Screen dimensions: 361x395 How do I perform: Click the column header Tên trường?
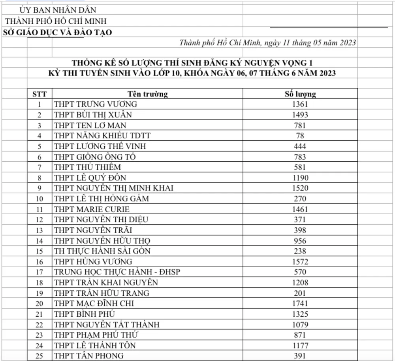[x=147, y=94]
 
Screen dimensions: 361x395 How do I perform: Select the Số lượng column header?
[x=300, y=94]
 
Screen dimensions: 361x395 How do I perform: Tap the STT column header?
[x=39, y=94]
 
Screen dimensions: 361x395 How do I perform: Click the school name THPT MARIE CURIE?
[x=92, y=209]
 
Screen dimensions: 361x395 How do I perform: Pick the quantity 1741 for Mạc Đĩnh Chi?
[x=300, y=304]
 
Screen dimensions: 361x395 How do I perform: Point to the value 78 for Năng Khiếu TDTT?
[x=300, y=136]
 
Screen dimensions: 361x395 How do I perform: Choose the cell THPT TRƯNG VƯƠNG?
[x=96, y=104]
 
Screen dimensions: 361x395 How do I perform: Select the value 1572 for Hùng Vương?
[x=300, y=262]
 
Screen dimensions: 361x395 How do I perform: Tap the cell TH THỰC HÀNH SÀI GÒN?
[x=102, y=251]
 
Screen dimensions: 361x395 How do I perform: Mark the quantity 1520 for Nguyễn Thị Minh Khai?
[x=300, y=188]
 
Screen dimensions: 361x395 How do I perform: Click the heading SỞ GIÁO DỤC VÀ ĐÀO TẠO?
[x=57, y=32]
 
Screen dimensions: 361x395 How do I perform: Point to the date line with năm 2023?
[x=267, y=43]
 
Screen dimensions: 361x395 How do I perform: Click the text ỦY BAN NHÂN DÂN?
[x=58, y=10]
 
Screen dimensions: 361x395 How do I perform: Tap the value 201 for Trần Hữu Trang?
[x=300, y=293]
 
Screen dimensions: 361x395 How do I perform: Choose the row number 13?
[x=39, y=230]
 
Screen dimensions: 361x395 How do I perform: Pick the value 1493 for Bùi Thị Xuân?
[x=300, y=115]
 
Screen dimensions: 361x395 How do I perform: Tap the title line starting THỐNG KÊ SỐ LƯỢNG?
[x=194, y=62]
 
